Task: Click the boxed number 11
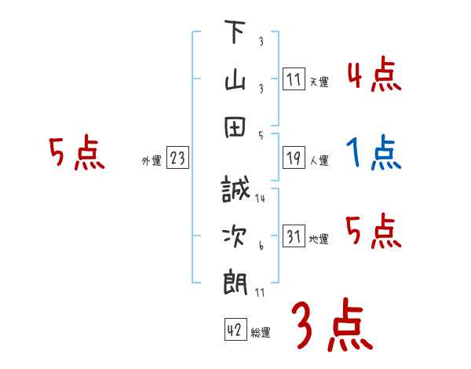pos(294,79)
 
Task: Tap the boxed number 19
pos(294,159)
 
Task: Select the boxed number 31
pos(294,237)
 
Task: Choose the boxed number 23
pos(177,159)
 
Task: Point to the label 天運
pos(319,82)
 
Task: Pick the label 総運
pos(261,332)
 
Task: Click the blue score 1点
pos(374,152)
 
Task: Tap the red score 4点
pos(374,75)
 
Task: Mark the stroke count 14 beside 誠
pos(260,199)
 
